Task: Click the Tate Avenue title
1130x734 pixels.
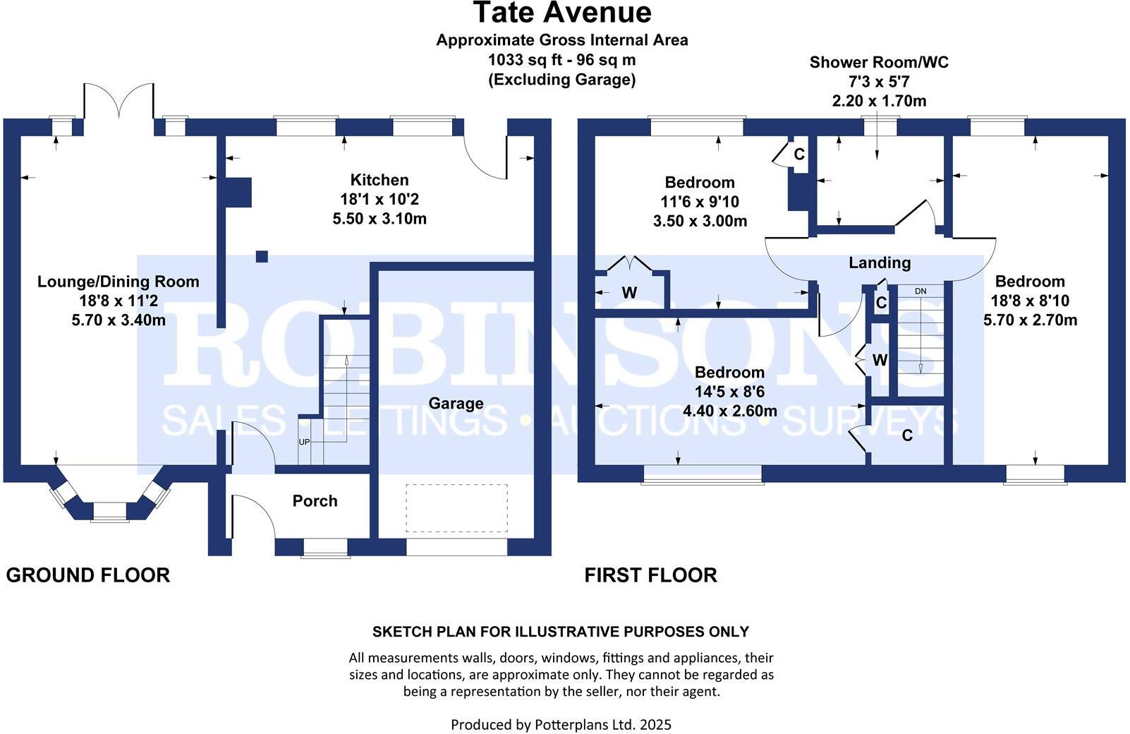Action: click(x=561, y=13)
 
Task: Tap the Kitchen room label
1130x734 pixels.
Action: click(x=379, y=180)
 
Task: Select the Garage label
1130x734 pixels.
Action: click(x=456, y=404)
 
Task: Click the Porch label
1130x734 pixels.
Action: click(x=315, y=501)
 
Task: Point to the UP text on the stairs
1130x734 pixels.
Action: click(x=305, y=443)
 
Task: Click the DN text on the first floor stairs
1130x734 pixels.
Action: click(x=920, y=291)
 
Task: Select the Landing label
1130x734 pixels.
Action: click(x=879, y=263)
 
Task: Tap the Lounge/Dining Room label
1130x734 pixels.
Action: click(x=118, y=282)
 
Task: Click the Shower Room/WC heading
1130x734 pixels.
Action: click(x=878, y=62)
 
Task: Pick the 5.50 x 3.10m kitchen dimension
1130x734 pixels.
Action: click(x=379, y=219)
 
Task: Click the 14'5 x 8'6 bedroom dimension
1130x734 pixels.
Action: click(x=729, y=392)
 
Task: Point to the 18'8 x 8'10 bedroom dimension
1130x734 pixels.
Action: click(x=1030, y=301)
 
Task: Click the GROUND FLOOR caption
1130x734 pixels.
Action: click(x=87, y=575)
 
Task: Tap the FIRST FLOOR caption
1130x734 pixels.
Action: click(x=650, y=575)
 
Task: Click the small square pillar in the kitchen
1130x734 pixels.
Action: click(x=262, y=256)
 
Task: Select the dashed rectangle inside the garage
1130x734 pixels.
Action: click(x=456, y=508)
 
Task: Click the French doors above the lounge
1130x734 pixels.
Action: click(x=119, y=102)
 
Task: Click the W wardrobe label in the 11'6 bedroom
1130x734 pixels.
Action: click(x=629, y=292)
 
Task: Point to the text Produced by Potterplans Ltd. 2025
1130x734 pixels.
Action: click(x=561, y=724)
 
